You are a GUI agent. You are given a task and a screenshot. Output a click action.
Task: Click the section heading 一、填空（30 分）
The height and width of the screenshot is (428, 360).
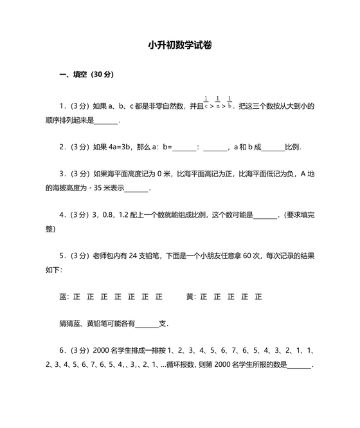tap(86, 75)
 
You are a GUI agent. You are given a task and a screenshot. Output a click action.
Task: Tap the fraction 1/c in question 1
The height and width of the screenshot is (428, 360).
tap(206, 102)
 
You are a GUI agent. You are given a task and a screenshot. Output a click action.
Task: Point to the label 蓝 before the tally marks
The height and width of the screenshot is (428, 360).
tap(62, 297)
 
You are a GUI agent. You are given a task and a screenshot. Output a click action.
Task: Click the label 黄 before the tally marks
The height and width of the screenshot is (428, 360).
tap(190, 297)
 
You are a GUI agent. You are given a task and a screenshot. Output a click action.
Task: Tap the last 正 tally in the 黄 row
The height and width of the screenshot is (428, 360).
tap(258, 297)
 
